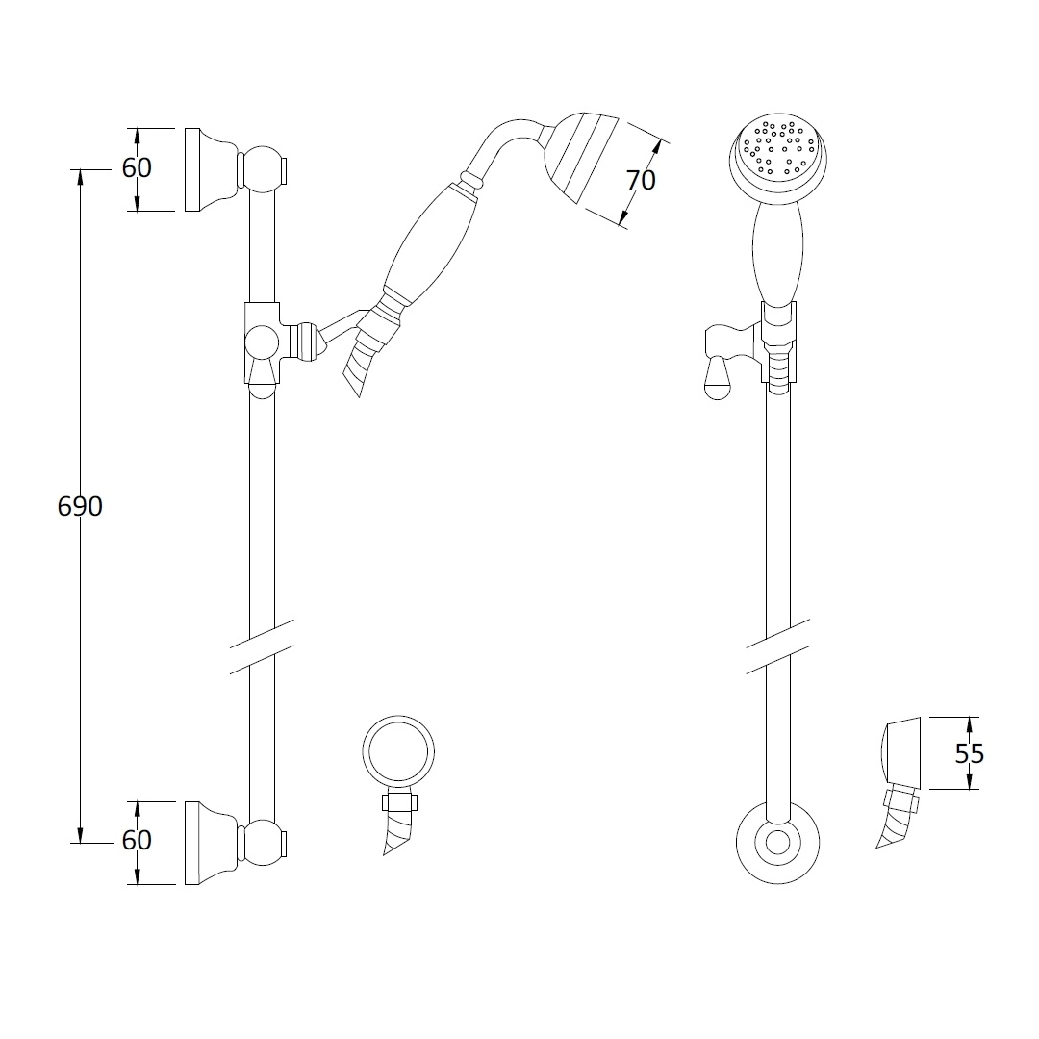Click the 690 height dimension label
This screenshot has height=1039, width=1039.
pyautogui.click(x=80, y=506)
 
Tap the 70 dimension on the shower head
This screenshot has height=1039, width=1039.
pyautogui.click(x=640, y=179)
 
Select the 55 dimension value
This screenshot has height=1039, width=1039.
pyautogui.click(x=969, y=753)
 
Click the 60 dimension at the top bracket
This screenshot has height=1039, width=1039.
pyautogui.click(x=137, y=167)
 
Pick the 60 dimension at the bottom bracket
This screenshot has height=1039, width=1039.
pyautogui.click(x=137, y=840)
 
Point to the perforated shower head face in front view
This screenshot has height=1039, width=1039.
pyautogui.click(x=780, y=150)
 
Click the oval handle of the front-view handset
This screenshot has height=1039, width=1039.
pyautogui.click(x=778, y=255)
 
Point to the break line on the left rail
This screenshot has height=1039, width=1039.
pyautogui.click(x=262, y=646)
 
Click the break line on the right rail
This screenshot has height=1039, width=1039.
pyautogui.click(x=778, y=646)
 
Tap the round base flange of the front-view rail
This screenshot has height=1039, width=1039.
pyautogui.click(x=777, y=844)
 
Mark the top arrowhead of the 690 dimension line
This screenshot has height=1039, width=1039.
pyautogui.click(x=80, y=177)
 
